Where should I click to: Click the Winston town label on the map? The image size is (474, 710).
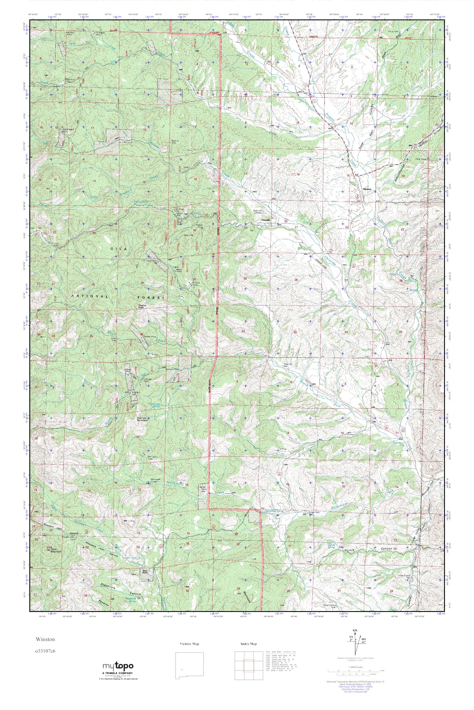coord(367,189)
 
